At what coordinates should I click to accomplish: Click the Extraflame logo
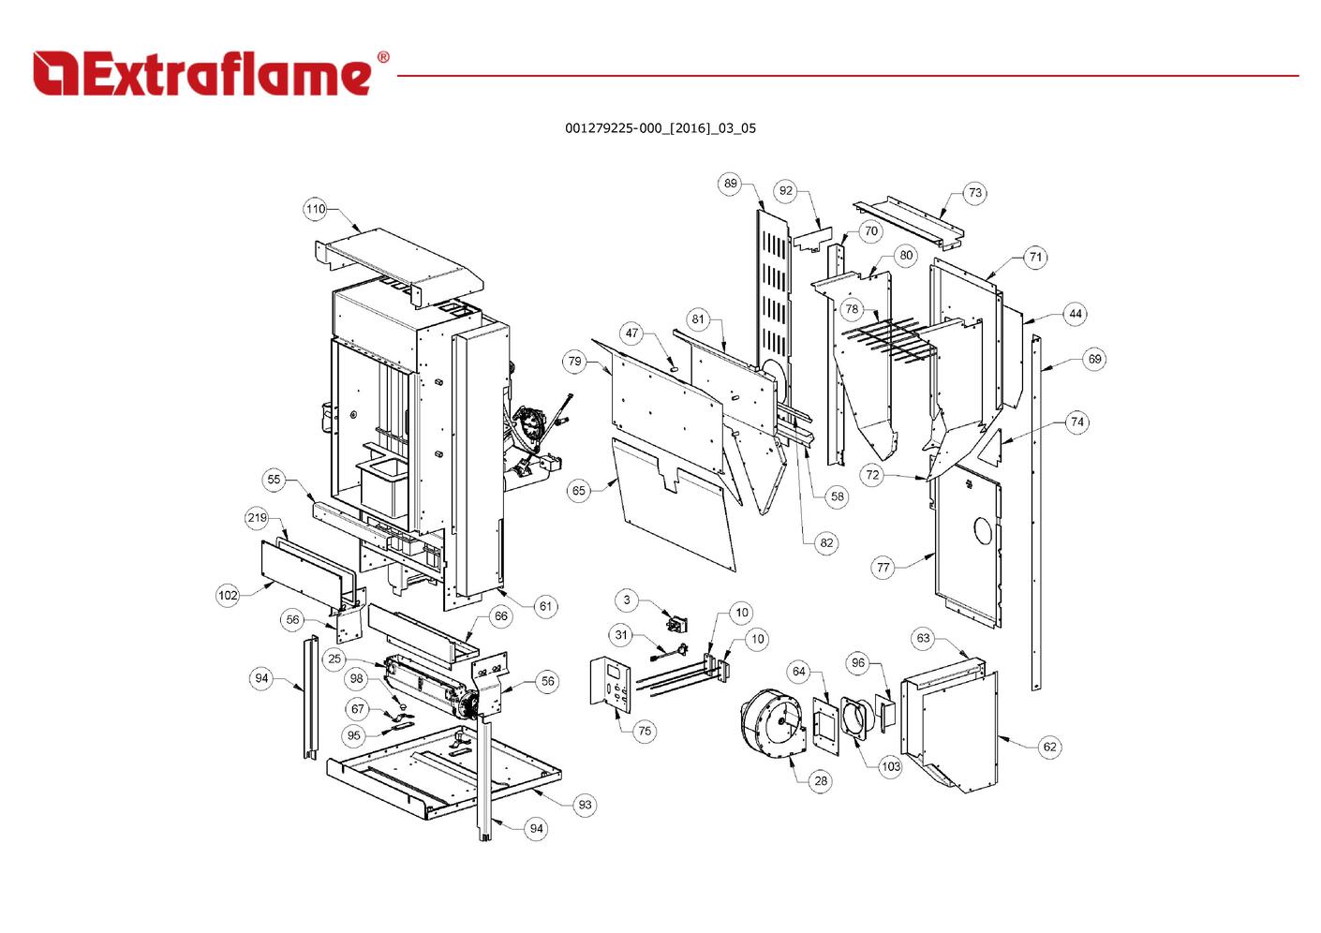210,73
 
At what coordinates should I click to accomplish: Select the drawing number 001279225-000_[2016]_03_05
660,128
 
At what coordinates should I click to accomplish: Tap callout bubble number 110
315,209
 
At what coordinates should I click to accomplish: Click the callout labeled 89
731,184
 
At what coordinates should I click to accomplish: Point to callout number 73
975,193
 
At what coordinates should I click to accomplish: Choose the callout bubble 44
1076,315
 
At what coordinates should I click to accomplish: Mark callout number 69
1094,359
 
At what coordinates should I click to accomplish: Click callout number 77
883,568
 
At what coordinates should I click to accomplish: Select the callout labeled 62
1049,747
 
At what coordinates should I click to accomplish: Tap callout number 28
821,780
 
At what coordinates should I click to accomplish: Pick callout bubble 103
890,766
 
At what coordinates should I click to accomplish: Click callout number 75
645,732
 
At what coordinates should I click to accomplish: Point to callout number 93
585,805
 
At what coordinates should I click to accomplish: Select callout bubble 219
257,518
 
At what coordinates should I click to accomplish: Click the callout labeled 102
228,595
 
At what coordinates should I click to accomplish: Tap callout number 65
578,491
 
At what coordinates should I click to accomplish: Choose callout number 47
631,333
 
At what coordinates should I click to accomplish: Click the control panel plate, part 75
612,684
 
